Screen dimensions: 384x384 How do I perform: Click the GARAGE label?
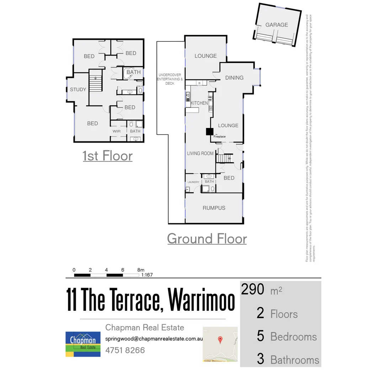277,25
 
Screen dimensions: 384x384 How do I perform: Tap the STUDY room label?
78,90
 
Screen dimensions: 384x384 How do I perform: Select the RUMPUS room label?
214,208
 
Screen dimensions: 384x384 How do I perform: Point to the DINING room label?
234,78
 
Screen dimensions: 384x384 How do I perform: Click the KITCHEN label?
199,103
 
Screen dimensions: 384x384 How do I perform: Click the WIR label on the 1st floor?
117,131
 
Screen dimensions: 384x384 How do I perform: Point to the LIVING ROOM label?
201,154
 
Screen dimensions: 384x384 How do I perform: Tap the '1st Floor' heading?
107,156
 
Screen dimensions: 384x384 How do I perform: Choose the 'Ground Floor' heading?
207,239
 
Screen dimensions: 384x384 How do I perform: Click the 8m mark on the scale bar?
140,270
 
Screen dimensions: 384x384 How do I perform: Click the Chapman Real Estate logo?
83,344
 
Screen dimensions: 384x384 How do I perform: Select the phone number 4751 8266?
125,350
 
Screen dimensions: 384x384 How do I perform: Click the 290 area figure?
253,290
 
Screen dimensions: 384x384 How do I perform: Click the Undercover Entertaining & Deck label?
170,79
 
